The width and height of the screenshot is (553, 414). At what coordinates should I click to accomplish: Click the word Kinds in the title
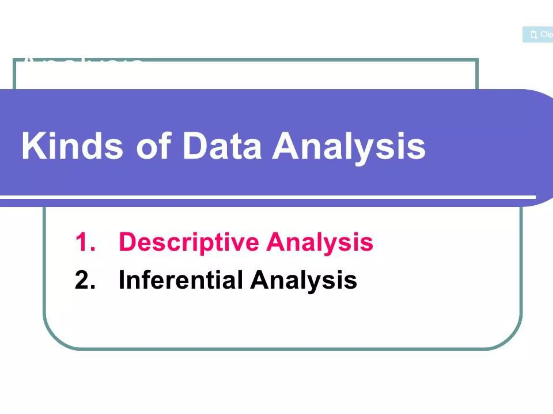point(72,146)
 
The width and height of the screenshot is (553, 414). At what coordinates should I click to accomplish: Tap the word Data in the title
point(222,146)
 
